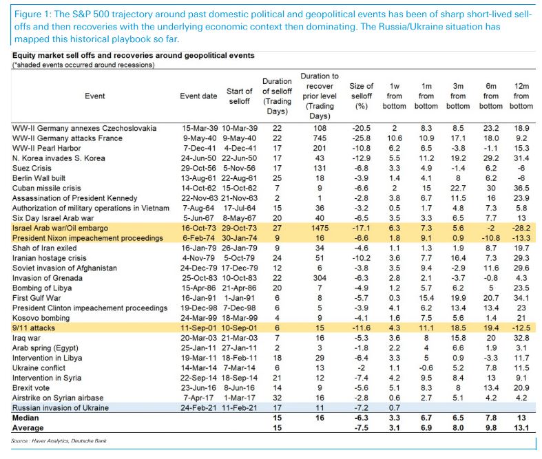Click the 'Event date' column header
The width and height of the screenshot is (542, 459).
coord(199,96)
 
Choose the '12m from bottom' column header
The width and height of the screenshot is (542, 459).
coord(521,96)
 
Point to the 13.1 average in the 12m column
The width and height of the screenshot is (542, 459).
coord(522,427)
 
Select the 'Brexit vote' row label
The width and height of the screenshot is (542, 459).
coord(32,388)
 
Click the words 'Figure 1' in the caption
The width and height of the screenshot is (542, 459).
coord(30,15)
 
